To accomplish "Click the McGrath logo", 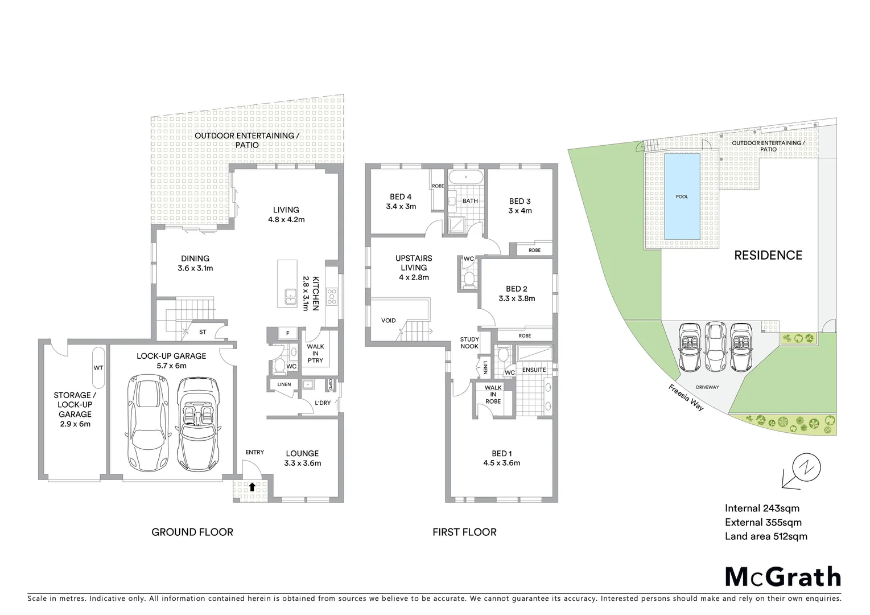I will click(782, 577).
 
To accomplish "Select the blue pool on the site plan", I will click(682, 196).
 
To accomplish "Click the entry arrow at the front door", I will click(252, 487).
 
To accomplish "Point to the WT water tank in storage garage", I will click(98, 367).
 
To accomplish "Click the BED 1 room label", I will click(501, 458).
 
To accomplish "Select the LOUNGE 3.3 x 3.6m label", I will click(302, 458).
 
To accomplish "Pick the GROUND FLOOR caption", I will click(192, 532).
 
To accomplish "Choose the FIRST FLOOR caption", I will click(464, 532).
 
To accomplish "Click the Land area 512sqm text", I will click(765, 536).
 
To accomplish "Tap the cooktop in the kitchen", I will click(332, 296).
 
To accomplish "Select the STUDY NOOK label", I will click(469, 343).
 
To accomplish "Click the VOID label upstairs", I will click(388, 321).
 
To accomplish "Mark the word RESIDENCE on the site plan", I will click(768, 255).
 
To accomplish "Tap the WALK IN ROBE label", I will click(493, 394).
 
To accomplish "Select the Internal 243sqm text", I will click(762, 509).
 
